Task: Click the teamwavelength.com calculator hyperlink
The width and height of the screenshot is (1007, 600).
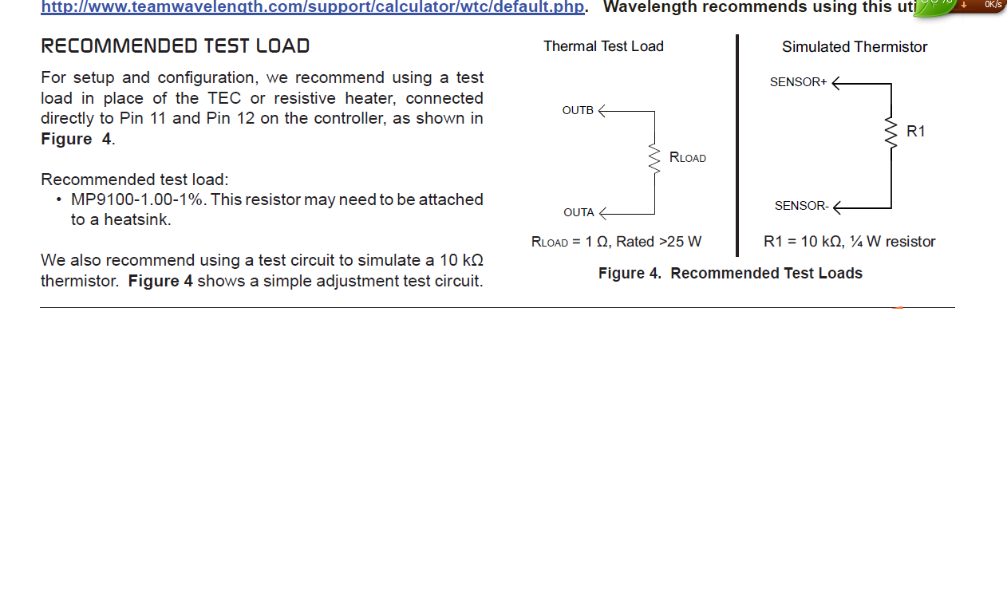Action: coord(313,6)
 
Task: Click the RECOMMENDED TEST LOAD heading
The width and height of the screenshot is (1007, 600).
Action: coord(176,46)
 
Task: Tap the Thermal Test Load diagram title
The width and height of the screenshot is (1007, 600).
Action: coord(603,46)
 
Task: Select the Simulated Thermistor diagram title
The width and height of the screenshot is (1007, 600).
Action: coord(854,47)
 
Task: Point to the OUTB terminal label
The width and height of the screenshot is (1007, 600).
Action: coord(578,111)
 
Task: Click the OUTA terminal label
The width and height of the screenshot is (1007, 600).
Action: coord(579,212)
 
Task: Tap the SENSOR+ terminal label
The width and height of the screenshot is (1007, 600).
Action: coord(798,82)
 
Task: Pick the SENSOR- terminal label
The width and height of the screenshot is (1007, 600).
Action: coord(802,206)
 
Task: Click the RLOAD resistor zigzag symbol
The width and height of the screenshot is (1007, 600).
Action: coord(654,158)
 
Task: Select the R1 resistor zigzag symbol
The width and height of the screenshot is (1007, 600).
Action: coord(891,132)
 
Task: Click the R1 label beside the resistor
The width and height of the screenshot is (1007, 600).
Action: coord(916,131)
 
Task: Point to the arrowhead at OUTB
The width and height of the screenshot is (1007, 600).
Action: coord(602,111)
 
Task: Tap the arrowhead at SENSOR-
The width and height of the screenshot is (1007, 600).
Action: coord(836,207)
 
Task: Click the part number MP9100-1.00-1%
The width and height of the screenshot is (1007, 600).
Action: coord(136,199)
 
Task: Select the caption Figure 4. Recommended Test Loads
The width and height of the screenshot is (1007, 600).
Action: coord(730,273)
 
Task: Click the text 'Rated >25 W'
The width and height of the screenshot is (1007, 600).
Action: coord(658,242)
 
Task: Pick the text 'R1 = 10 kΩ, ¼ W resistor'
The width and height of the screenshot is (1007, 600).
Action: coord(849,242)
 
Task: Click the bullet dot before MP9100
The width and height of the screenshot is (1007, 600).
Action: coord(59,199)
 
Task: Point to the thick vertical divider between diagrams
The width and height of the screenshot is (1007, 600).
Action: coord(737,146)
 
